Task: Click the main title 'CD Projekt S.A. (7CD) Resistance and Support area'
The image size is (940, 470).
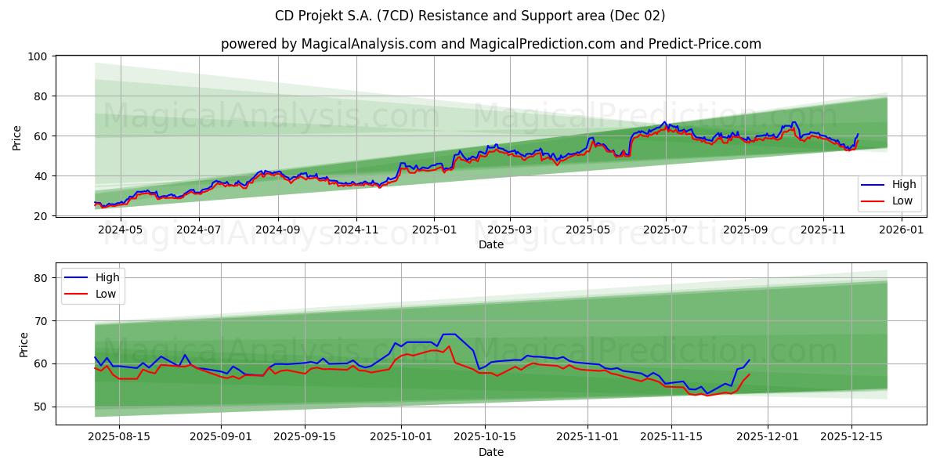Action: (x=470, y=16)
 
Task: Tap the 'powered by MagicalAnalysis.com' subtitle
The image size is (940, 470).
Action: (x=491, y=44)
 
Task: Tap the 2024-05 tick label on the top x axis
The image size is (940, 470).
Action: (x=121, y=230)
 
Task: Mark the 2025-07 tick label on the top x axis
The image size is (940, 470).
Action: (x=666, y=230)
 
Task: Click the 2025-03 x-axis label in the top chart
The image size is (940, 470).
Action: (x=510, y=230)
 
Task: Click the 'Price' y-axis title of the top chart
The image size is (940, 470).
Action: (x=17, y=136)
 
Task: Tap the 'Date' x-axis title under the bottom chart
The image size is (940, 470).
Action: (x=491, y=452)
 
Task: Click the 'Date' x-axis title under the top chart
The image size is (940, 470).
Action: (x=491, y=244)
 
